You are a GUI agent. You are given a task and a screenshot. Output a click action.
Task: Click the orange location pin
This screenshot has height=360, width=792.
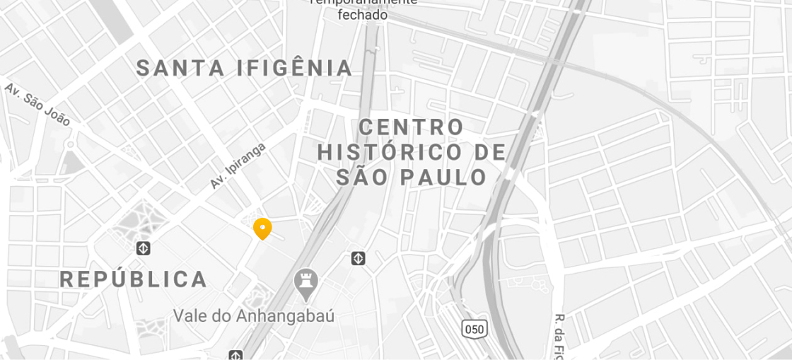click(x=262, y=228)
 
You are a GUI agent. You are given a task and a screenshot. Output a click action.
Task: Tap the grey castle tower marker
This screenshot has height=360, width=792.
click(x=305, y=281)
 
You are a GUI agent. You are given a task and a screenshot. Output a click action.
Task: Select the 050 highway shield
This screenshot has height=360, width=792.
click(x=474, y=328)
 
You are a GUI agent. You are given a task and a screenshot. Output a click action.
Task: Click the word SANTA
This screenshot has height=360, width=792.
click(x=180, y=69)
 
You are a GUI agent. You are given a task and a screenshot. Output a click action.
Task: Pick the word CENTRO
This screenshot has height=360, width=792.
click(x=411, y=128)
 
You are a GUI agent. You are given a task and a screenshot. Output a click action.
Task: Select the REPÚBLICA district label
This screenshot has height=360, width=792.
click(x=134, y=279)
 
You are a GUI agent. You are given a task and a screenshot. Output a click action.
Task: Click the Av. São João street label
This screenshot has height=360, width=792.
click(x=37, y=105)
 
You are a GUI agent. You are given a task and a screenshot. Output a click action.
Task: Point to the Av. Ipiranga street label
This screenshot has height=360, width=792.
click(x=238, y=166)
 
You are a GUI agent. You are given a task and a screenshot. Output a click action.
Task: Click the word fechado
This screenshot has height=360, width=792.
click(x=362, y=15)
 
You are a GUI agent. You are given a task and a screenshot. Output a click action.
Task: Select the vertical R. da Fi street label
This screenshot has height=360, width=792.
click(x=561, y=336)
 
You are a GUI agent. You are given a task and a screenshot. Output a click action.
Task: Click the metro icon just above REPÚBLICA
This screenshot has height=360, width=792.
click(x=144, y=248)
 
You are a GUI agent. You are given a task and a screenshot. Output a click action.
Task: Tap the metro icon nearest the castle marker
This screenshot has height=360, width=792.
click(x=359, y=258)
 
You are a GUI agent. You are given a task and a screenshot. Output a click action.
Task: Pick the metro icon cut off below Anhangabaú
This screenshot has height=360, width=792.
click(x=235, y=355)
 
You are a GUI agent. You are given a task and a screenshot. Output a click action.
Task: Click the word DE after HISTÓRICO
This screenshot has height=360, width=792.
click(x=490, y=152)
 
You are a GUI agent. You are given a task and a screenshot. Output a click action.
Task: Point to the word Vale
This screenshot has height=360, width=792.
click(x=191, y=316)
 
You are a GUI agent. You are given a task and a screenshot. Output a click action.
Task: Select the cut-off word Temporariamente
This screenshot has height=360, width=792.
click(x=363, y=2)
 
